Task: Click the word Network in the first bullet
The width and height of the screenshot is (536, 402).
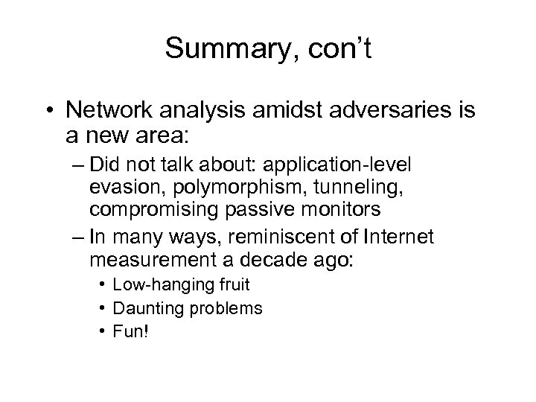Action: point(109,111)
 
